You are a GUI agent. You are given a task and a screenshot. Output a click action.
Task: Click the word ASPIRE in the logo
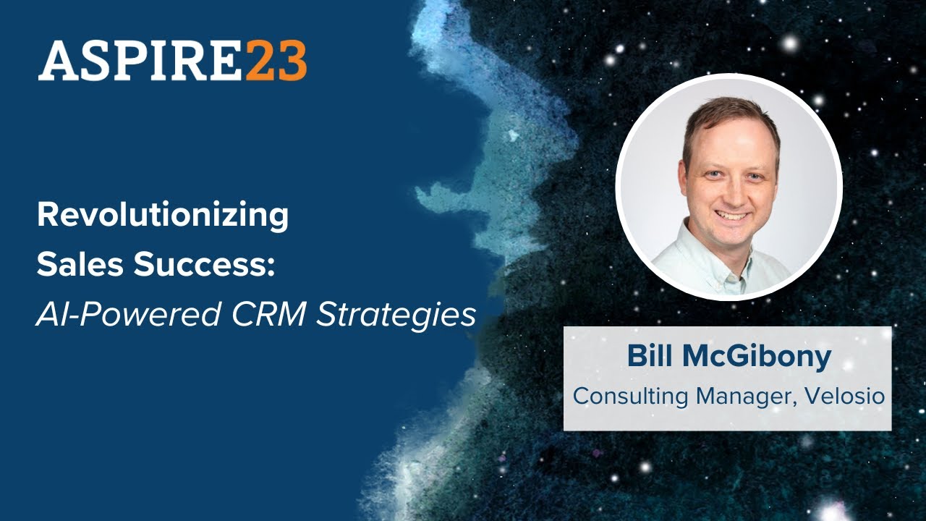(x=140, y=61)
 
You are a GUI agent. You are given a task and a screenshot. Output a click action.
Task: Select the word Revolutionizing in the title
(x=163, y=216)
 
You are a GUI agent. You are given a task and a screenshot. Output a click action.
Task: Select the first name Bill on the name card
(x=648, y=357)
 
